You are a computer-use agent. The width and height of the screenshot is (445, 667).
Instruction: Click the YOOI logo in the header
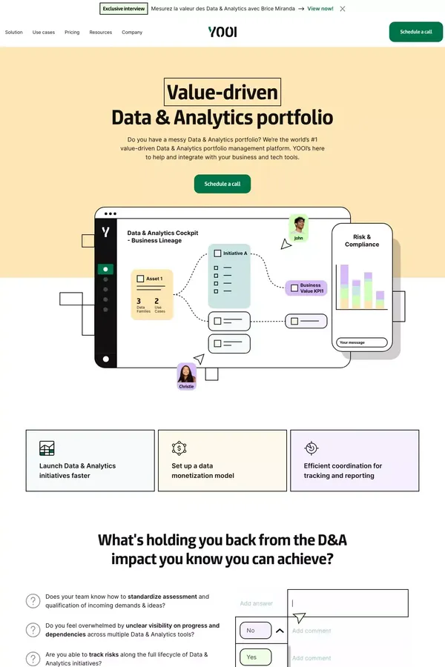222,32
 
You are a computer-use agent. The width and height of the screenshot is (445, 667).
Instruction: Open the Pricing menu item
72,33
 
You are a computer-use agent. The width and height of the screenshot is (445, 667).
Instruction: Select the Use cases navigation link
44,33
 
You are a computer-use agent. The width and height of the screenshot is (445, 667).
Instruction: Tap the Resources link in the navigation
101,33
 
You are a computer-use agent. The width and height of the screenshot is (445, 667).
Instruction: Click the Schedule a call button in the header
415,32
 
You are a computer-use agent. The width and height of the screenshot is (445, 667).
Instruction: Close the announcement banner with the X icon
342,9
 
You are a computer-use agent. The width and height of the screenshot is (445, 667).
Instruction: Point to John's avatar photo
298,225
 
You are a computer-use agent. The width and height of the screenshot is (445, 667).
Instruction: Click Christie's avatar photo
187,374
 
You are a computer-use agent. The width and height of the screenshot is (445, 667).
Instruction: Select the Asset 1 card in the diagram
152,294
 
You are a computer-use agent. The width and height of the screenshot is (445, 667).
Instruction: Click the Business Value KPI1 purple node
306,288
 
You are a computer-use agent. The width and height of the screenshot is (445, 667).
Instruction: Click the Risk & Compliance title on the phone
362,241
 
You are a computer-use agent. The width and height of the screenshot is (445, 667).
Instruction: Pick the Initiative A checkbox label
234,253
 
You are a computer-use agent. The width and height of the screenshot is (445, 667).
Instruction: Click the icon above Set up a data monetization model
179,448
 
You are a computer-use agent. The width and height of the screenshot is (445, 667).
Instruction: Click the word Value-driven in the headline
222,93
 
